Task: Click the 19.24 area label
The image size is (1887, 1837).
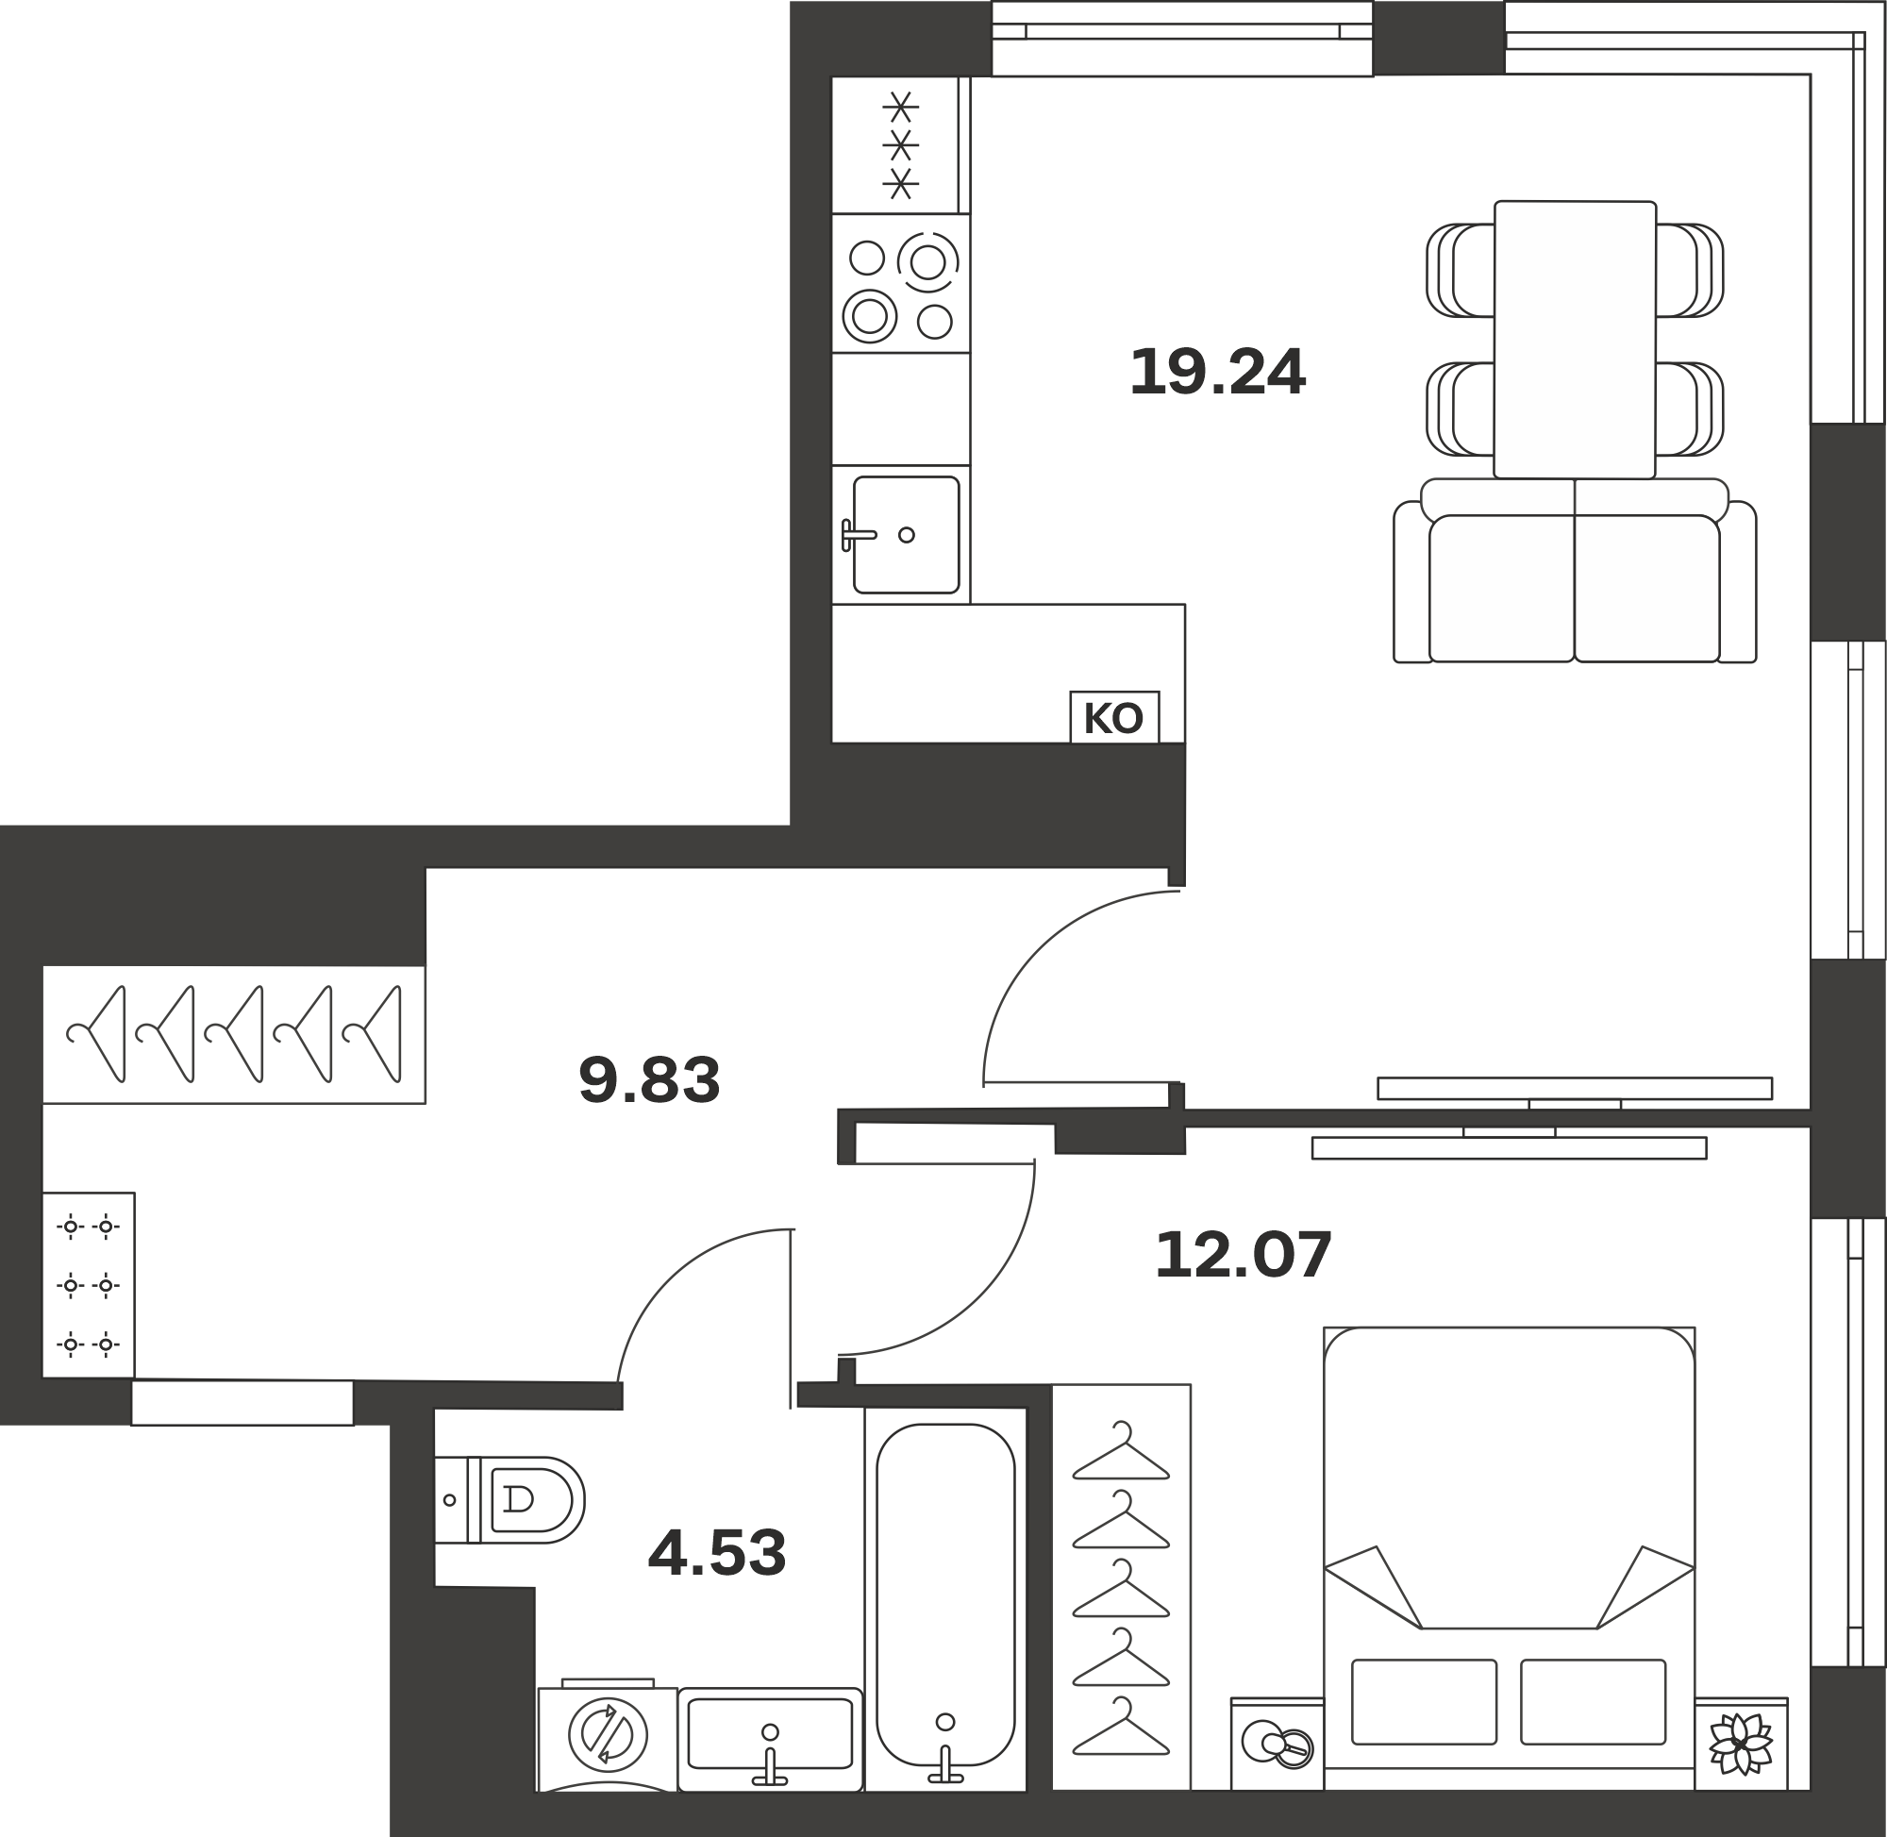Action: [1217, 372]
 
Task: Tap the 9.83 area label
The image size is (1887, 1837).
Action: [649, 1079]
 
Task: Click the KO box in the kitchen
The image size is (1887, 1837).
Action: [1114, 718]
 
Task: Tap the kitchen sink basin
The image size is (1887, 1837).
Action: [906, 535]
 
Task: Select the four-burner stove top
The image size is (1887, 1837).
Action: [901, 284]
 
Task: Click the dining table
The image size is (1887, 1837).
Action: [1575, 340]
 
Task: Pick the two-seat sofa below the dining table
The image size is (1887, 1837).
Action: [1575, 571]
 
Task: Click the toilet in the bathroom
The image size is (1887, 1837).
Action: [509, 1499]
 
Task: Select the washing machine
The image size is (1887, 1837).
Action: [608, 1738]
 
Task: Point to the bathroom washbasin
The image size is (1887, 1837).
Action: [770, 1740]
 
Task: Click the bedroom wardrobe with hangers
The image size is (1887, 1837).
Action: [1121, 1588]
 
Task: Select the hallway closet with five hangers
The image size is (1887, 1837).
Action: [233, 1034]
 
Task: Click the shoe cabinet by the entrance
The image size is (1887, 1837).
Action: [89, 1285]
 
